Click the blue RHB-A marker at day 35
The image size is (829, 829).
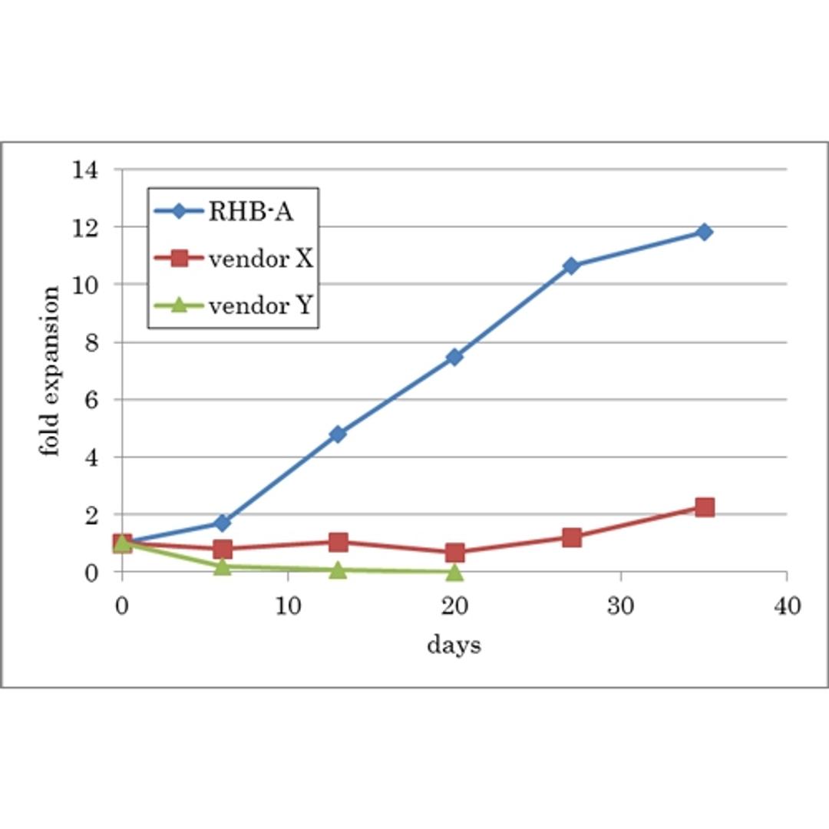click(704, 232)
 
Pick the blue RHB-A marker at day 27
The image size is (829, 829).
click(570, 266)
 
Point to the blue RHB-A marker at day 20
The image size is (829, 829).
click(454, 357)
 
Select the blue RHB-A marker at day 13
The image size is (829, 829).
click(338, 434)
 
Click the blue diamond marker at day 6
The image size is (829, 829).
click(222, 523)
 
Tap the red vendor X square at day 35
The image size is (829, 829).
click(705, 507)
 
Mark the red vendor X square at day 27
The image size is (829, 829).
click(571, 537)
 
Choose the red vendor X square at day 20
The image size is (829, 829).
click(454, 552)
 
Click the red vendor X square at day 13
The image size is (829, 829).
click(338, 542)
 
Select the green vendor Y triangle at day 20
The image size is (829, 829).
click(454, 572)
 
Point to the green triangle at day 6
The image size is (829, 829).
click(222, 566)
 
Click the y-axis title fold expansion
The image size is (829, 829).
click(50, 371)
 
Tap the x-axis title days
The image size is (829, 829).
click(454, 645)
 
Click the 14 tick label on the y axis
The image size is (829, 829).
click(86, 170)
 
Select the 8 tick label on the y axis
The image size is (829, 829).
click(92, 342)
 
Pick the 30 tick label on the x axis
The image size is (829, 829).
click(620, 607)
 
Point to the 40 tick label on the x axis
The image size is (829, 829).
click(786, 607)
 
